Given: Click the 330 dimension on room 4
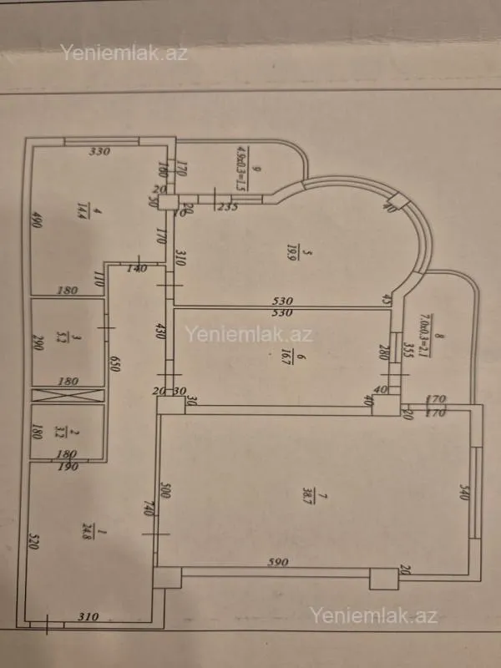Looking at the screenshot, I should (x=101, y=152).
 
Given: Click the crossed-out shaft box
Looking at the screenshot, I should (x=68, y=396).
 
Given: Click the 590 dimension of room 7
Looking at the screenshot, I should (x=278, y=562).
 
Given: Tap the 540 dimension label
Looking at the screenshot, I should (x=463, y=493).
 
